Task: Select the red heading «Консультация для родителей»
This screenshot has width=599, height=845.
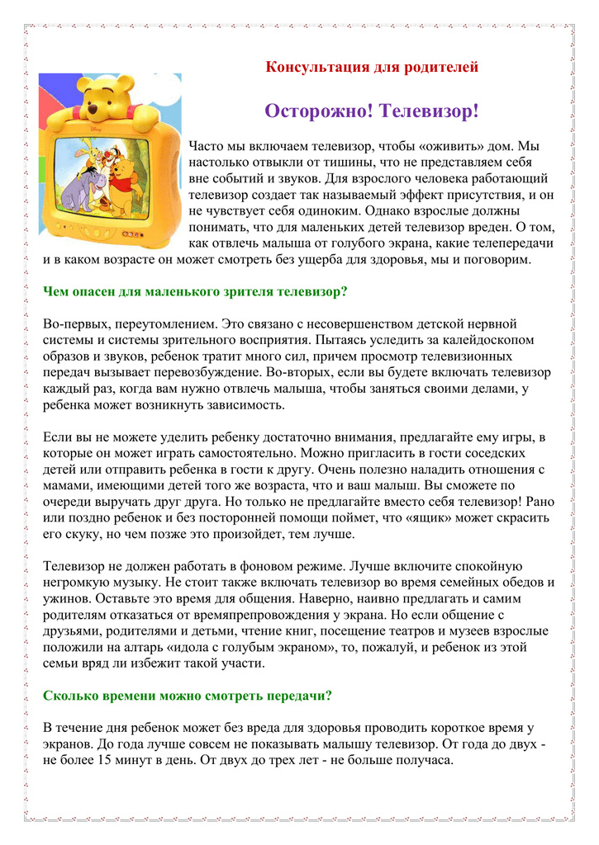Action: pyautogui.click(x=372, y=67)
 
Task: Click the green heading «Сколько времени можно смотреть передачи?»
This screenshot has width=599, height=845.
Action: pyautogui.click(x=187, y=695)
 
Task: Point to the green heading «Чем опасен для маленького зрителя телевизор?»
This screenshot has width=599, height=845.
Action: pyautogui.click(x=194, y=290)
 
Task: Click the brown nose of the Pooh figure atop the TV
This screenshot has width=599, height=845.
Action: pyautogui.click(x=106, y=97)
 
